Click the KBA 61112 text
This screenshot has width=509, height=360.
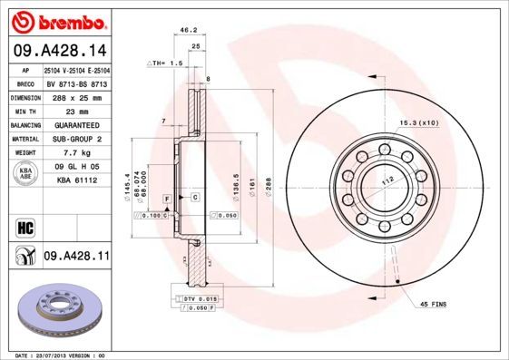tap(76, 180)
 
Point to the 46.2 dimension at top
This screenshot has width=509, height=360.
tap(189, 30)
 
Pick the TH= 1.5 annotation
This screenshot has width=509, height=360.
tap(166, 63)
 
